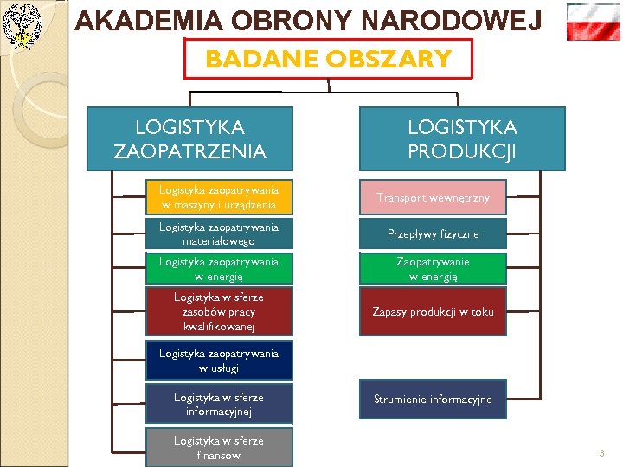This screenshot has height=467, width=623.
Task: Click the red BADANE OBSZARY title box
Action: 329,59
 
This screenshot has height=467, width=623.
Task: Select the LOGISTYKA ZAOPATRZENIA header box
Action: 189,138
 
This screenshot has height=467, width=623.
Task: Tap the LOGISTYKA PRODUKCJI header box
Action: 461,138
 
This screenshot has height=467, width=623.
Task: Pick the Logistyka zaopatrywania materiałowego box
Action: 219,233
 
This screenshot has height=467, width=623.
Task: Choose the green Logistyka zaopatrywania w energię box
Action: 219,268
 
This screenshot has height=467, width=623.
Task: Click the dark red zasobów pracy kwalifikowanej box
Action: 219,311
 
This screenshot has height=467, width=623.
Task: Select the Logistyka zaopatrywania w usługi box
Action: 219,361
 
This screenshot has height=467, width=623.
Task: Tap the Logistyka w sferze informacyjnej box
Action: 219,404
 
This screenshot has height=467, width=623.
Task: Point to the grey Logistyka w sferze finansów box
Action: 219,447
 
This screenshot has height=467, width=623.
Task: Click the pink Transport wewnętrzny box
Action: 433,197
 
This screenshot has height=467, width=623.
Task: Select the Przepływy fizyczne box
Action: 433,233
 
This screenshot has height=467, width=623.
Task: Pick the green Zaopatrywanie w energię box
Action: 433,268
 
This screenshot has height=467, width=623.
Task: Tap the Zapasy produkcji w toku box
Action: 433,311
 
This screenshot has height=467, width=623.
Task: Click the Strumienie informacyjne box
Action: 433,399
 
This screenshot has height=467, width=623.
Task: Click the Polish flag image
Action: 593,22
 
